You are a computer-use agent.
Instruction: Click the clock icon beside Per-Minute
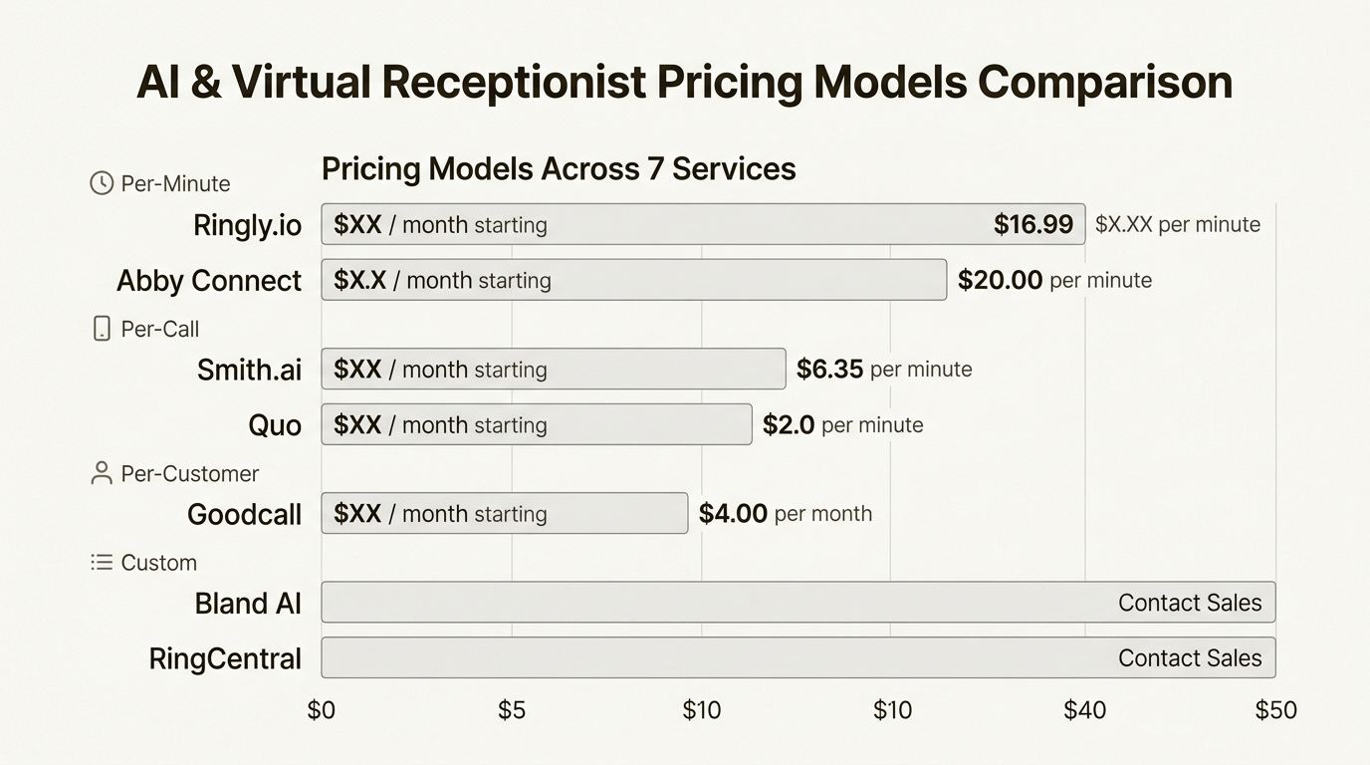click(102, 183)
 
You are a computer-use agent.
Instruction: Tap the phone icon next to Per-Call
click(102, 329)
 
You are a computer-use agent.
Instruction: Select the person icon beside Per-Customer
click(102, 473)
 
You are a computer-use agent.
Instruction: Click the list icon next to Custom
click(102, 563)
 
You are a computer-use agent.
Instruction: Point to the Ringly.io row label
click(247, 225)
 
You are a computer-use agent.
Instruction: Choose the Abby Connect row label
click(208, 281)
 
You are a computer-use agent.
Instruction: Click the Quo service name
click(275, 425)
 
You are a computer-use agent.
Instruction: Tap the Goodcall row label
click(244, 514)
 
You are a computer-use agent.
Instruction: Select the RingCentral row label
click(225, 658)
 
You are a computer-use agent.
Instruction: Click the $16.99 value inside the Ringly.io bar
click(1033, 224)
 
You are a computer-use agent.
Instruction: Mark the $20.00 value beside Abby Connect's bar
click(1000, 280)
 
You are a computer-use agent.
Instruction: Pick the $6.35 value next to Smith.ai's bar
click(829, 370)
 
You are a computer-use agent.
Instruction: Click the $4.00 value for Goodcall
click(733, 514)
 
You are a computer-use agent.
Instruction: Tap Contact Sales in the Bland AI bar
click(1189, 603)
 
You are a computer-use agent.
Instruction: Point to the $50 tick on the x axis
click(1275, 710)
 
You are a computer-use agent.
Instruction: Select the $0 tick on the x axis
click(322, 710)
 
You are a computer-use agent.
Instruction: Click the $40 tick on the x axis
click(1084, 710)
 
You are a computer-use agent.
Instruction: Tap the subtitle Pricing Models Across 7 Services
click(559, 168)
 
